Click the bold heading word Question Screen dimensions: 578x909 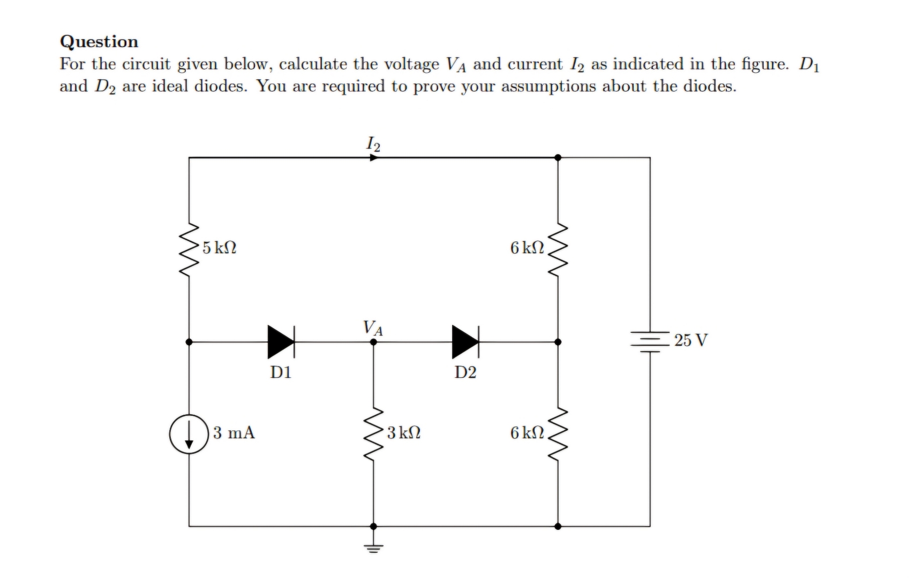(99, 42)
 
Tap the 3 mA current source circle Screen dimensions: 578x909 (189, 434)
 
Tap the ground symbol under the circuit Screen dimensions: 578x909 (373, 547)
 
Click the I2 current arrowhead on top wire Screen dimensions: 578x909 (374, 158)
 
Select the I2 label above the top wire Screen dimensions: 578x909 (373, 143)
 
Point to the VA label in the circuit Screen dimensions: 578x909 (373, 327)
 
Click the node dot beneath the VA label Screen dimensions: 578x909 (373, 341)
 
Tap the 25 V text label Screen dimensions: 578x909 (691, 340)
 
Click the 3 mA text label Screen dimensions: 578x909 (234, 432)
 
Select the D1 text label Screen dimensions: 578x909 (281, 372)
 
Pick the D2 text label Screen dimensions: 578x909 (465, 372)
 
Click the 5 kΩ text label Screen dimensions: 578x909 (220, 248)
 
